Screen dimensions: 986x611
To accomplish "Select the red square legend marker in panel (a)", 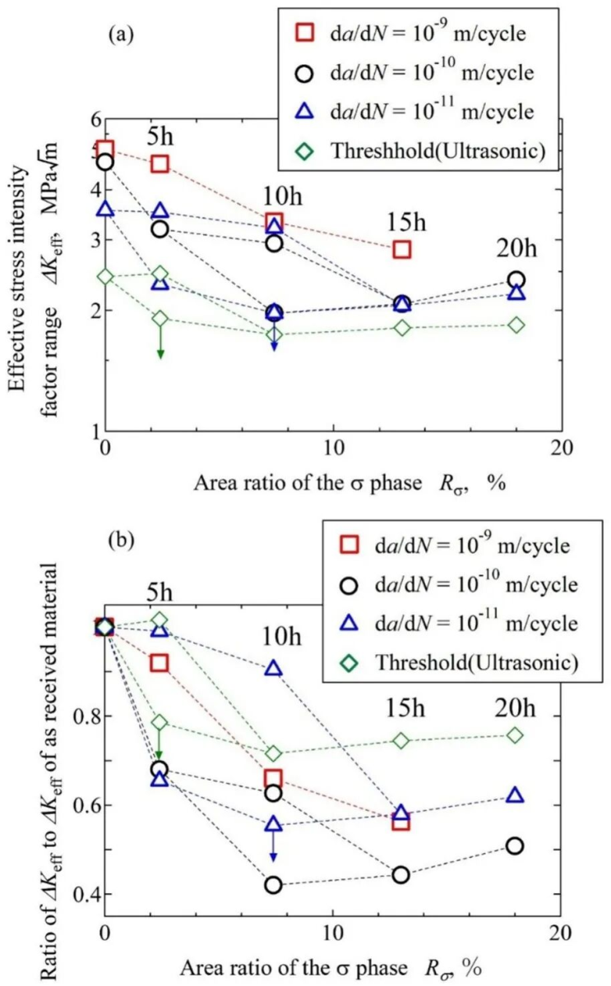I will click(283, 34).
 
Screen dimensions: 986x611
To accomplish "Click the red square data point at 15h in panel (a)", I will click(402, 250).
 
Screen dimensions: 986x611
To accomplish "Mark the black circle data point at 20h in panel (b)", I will click(515, 845).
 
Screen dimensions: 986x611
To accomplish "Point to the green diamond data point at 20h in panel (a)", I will click(516, 325).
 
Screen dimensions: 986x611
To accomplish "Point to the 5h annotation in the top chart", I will click(160, 136).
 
